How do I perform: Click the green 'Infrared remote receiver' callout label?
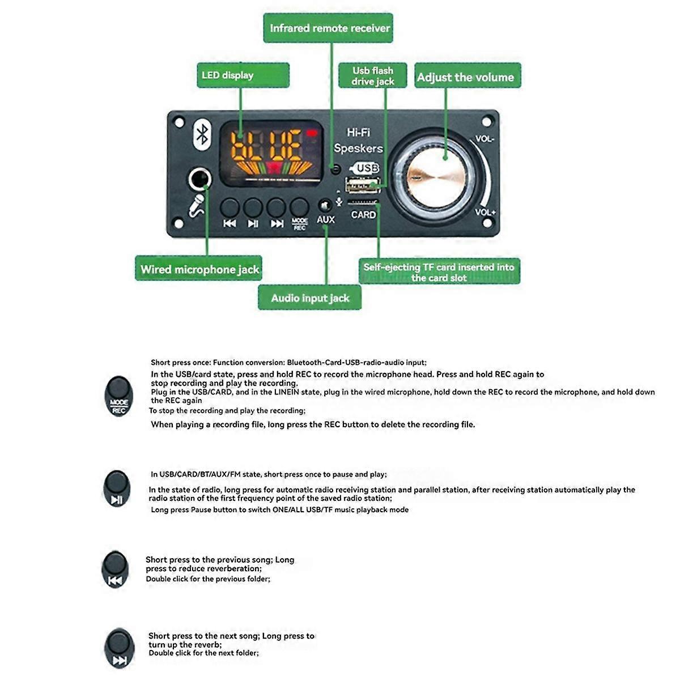329,28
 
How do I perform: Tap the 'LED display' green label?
243,75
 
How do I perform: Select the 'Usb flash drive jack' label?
372,75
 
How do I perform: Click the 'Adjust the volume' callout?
466,76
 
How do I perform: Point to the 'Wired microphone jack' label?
200,269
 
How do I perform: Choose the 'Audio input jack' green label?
309,298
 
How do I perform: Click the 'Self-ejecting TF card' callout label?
439,272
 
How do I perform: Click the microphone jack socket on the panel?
199,179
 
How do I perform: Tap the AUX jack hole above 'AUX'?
325,205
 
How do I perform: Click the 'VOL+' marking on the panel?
485,212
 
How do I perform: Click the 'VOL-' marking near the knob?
484,139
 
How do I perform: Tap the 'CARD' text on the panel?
363,215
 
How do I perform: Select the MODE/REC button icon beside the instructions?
118,395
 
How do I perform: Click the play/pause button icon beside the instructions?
117,488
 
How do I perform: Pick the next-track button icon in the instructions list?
119,648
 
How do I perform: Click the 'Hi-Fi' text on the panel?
358,133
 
